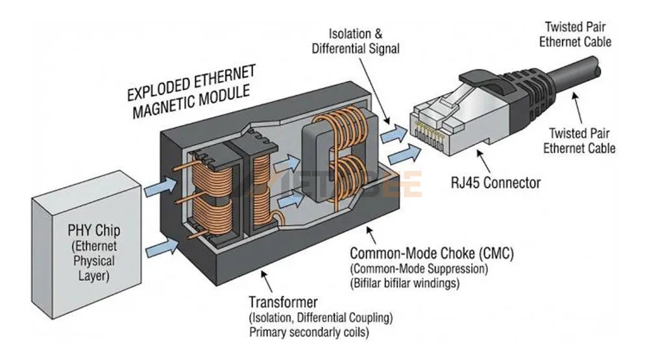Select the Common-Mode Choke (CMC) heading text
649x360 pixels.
tap(432, 253)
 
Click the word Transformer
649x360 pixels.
tap(283, 302)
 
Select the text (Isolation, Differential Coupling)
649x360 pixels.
tap(321, 318)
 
